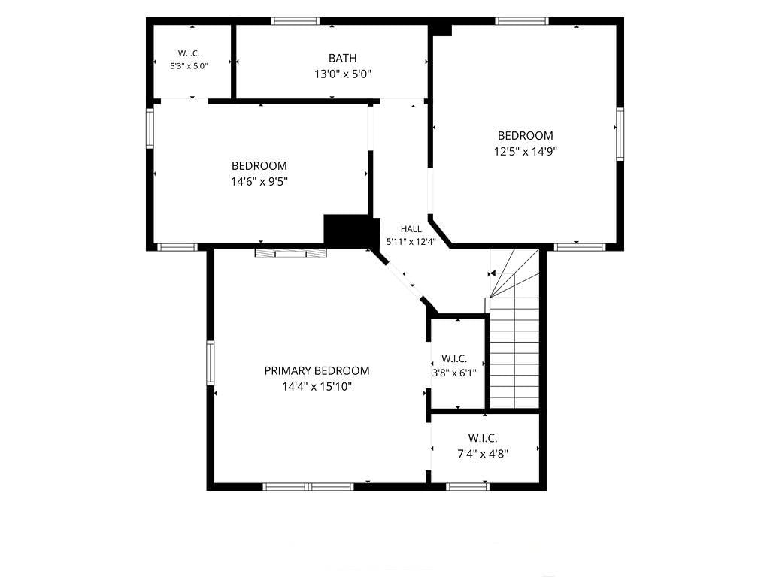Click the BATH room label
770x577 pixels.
343,59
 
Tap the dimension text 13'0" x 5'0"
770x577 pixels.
343,74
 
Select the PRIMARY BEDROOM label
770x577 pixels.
317,371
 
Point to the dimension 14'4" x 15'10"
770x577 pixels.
317,387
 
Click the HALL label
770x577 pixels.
411,229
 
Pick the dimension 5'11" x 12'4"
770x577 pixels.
411,241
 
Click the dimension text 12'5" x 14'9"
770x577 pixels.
526,152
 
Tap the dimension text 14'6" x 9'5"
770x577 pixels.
259,182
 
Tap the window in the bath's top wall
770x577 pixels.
295,21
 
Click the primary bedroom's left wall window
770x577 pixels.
211,363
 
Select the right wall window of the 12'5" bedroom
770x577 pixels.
620,134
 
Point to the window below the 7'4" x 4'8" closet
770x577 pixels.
468,486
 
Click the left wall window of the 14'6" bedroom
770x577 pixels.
150,128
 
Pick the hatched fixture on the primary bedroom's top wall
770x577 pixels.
290,253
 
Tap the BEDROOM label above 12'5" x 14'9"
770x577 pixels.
526,136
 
